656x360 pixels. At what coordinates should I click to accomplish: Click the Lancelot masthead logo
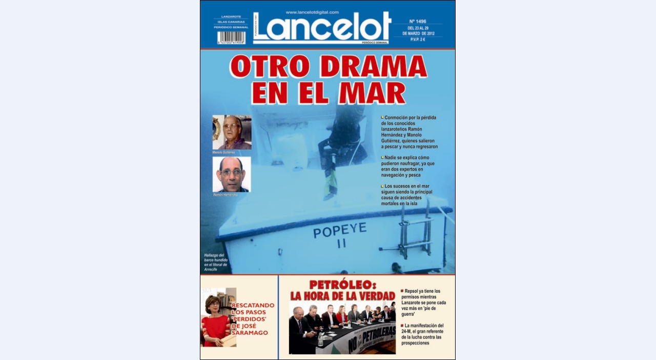click(322, 28)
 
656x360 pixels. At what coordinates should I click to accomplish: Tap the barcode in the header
click(231, 38)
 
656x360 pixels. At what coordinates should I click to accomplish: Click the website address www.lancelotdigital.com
click(312, 12)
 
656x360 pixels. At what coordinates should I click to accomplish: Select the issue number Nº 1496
click(418, 22)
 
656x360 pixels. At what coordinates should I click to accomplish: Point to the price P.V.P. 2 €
click(418, 39)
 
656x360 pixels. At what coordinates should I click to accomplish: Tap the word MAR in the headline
click(372, 93)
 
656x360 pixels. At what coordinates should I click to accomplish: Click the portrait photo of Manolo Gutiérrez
click(232, 132)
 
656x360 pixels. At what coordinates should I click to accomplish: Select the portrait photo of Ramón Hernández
click(232, 174)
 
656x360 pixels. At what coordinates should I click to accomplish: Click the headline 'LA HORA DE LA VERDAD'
click(342, 296)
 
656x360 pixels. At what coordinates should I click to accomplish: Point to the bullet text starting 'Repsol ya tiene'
click(423, 303)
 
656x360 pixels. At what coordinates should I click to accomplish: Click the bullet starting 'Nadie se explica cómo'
click(408, 166)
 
